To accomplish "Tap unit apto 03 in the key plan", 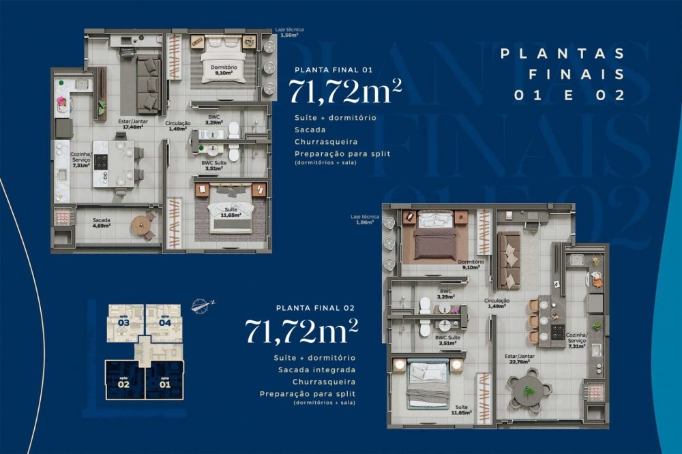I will tap(123, 323).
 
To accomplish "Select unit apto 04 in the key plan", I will tap(164, 323).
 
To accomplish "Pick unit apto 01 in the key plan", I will tap(164, 381).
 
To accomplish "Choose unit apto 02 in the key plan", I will tap(123, 381).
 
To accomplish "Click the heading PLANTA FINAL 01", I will tap(327, 70).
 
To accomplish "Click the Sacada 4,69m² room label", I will tap(103, 222).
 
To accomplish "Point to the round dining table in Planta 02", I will tap(528, 390).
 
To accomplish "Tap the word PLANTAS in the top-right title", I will tap(563, 54).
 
